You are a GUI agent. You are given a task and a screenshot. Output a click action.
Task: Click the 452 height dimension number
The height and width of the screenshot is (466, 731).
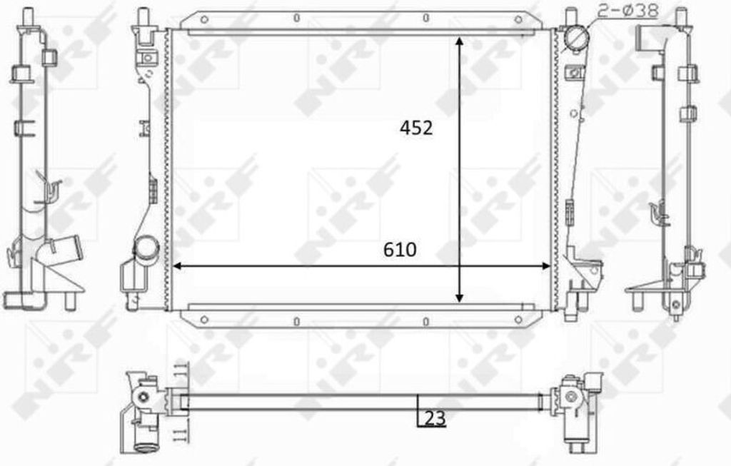point(416,128)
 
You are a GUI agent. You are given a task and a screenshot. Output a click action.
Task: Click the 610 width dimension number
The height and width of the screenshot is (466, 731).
point(400,250)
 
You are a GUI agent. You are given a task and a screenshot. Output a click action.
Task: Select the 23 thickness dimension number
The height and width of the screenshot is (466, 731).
point(435,418)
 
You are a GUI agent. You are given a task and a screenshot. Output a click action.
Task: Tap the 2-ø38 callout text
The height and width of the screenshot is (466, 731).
point(627,10)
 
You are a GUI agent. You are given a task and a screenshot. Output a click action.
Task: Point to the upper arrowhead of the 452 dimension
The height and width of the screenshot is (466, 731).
point(460,41)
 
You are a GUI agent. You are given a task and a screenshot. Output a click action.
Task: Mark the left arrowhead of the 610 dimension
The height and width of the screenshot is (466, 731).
point(178,266)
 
